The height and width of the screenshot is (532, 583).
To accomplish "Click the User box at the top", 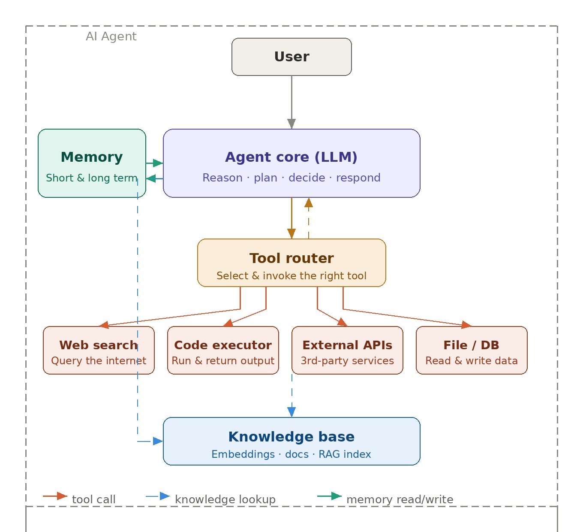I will (x=291, y=57).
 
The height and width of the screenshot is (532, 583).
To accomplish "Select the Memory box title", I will (x=92, y=157).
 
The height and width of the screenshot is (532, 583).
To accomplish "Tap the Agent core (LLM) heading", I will (x=291, y=157).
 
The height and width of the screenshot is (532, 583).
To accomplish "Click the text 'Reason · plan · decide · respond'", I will (x=291, y=178).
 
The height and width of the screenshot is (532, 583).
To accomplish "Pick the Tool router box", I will (x=291, y=263).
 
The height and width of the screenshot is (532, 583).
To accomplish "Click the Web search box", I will (x=99, y=351).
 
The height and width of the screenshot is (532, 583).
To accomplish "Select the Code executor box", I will (x=223, y=351).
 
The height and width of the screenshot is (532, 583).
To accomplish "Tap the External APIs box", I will (x=347, y=351).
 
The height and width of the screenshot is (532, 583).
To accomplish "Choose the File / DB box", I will (x=472, y=351).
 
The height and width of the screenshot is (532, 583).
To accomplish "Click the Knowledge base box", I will (x=291, y=441).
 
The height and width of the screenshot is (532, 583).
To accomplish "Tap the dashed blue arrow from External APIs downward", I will (x=292, y=395).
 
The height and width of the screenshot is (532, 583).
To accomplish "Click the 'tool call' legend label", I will (x=93, y=499).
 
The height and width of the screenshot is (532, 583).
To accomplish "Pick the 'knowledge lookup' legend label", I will (x=225, y=499).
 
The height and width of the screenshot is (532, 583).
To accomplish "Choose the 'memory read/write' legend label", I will (x=400, y=499).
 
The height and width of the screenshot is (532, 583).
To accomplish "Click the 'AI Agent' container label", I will (x=111, y=36).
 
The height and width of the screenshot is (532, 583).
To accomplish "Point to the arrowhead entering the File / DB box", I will (x=466, y=325).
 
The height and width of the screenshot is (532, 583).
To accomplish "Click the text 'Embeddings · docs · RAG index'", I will (x=291, y=454).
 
